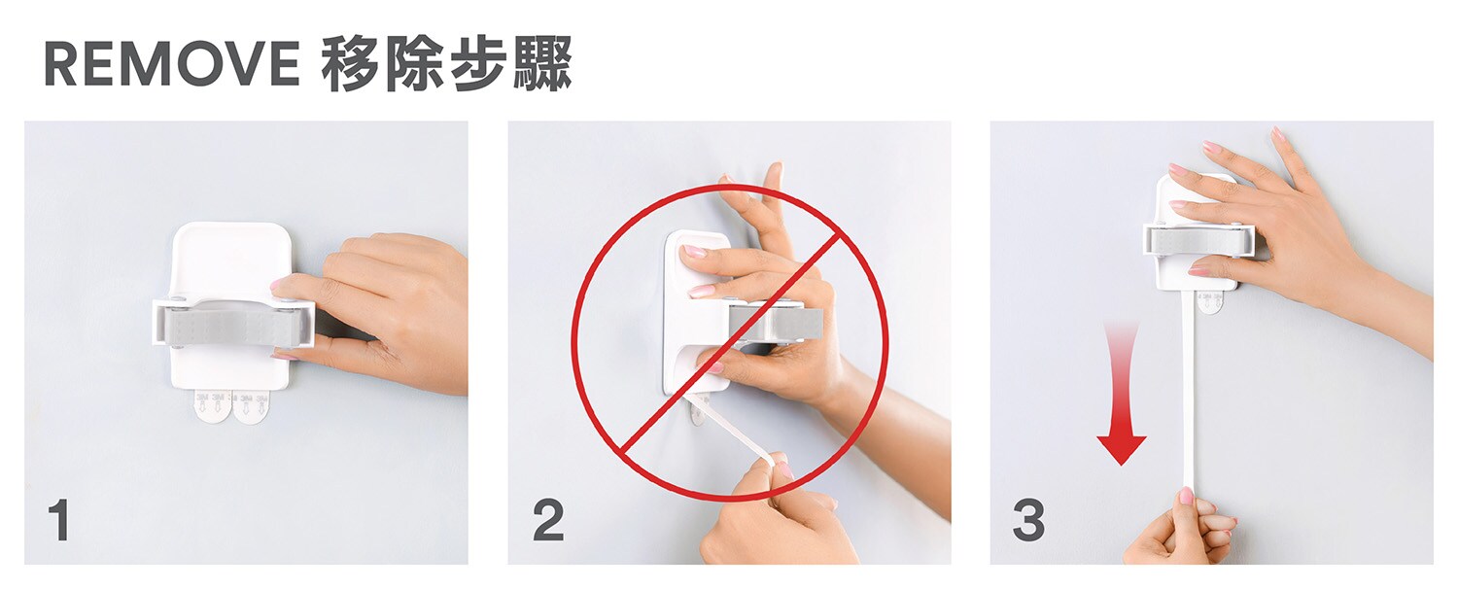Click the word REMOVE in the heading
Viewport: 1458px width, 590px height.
(x=172, y=63)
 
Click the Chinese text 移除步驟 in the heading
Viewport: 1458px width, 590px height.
(x=447, y=63)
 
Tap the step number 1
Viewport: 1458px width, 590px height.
(x=59, y=520)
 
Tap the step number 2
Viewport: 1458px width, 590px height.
(x=548, y=520)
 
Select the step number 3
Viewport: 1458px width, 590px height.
(x=1028, y=520)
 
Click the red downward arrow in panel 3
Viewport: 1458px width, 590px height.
(x=1121, y=394)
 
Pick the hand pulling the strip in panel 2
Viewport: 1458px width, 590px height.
(x=775, y=514)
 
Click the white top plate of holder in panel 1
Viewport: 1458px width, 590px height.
(x=229, y=260)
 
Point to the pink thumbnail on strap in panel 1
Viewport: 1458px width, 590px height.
(x=280, y=284)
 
